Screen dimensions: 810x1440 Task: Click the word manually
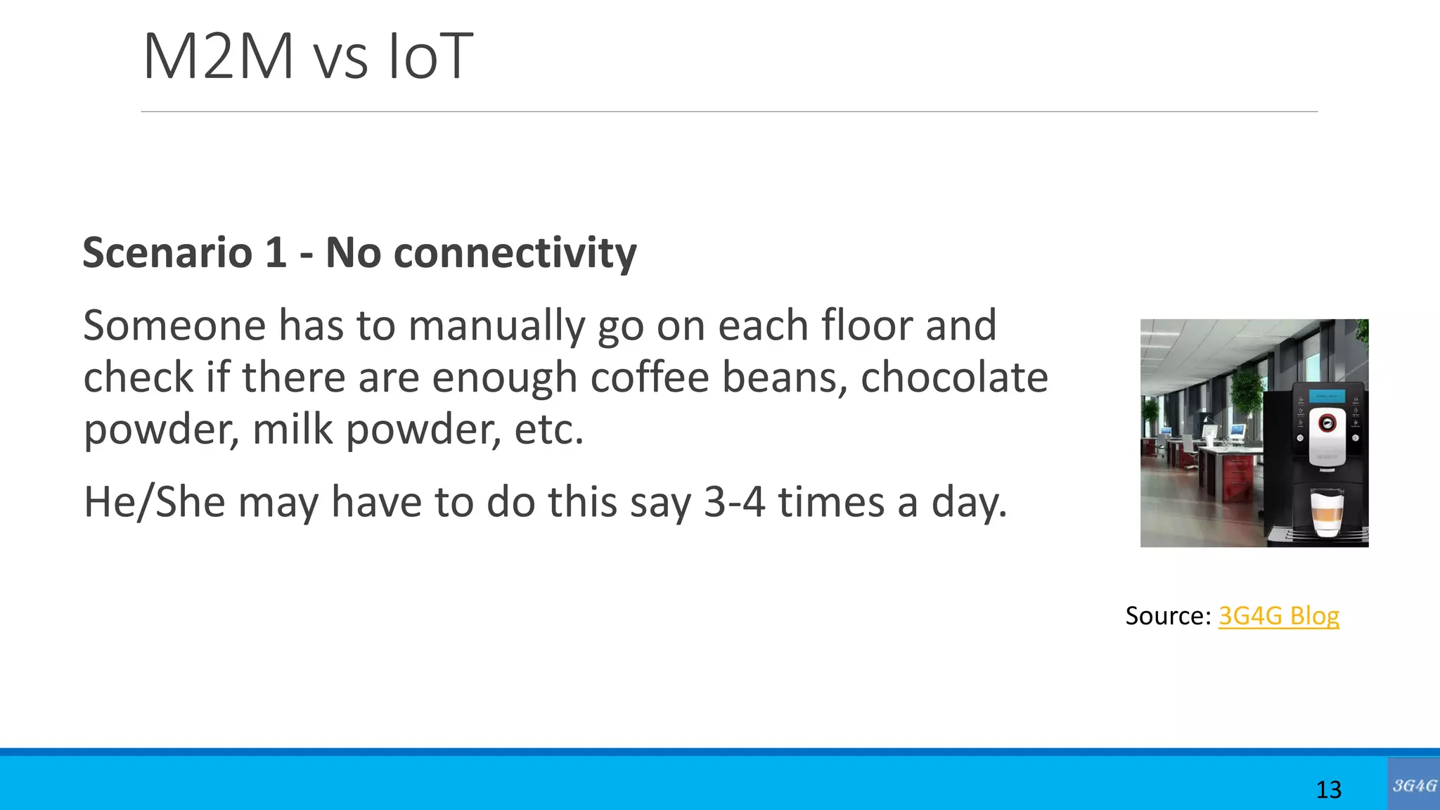496,326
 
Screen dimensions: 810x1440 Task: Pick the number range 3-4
734,502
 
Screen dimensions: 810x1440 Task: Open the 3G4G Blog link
1278,616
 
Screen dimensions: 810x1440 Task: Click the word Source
1167,616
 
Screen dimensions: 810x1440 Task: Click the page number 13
1328,790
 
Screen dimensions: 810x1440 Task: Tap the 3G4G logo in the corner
1413,785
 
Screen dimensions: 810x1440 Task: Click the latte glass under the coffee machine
1327,513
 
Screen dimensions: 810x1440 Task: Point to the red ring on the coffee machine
1327,423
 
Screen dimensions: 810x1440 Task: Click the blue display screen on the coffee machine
1327,396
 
